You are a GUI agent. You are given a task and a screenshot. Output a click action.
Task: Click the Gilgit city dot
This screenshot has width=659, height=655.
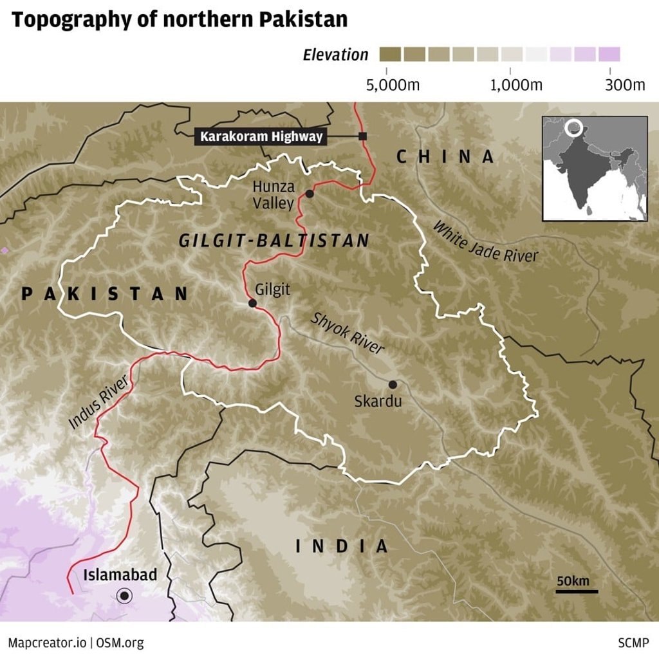pyautogui.click(x=252, y=303)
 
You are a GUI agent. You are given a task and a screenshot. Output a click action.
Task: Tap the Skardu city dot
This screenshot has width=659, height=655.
pyautogui.click(x=393, y=385)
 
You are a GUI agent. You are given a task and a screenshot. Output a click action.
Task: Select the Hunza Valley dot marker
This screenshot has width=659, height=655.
pyautogui.click(x=310, y=194)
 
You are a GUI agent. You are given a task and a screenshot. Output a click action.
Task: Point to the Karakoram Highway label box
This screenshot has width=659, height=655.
pyautogui.click(x=261, y=136)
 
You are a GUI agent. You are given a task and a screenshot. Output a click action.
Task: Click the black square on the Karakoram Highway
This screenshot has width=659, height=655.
pyautogui.click(x=363, y=136)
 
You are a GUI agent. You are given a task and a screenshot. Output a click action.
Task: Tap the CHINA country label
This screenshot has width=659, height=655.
pyautogui.click(x=445, y=156)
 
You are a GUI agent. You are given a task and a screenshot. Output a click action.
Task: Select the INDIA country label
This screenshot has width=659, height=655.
pyautogui.click(x=342, y=547)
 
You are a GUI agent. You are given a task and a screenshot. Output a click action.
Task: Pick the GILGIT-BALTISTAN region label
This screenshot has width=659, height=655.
pyautogui.click(x=274, y=241)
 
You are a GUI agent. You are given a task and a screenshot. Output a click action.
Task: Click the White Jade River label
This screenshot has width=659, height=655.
pyautogui.click(x=485, y=241)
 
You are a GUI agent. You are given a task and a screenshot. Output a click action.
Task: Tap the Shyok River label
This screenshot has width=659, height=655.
pyautogui.click(x=348, y=333)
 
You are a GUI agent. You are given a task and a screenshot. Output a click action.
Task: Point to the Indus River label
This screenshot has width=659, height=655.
pyautogui.click(x=98, y=403)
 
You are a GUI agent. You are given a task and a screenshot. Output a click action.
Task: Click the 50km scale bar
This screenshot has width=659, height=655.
pyautogui.click(x=577, y=591)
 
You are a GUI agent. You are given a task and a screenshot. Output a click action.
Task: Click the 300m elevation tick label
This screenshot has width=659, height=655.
pyautogui.click(x=624, y=86)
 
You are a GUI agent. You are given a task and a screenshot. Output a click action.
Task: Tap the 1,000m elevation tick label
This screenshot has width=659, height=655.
pyautogui.click(x=516, y=86)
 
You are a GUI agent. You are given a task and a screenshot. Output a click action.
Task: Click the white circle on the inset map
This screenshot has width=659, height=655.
pyautogui.click(x=573, y=128)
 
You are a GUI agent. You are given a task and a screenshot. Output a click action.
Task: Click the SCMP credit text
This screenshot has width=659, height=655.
pyautogui.click(x=633, y=642)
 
